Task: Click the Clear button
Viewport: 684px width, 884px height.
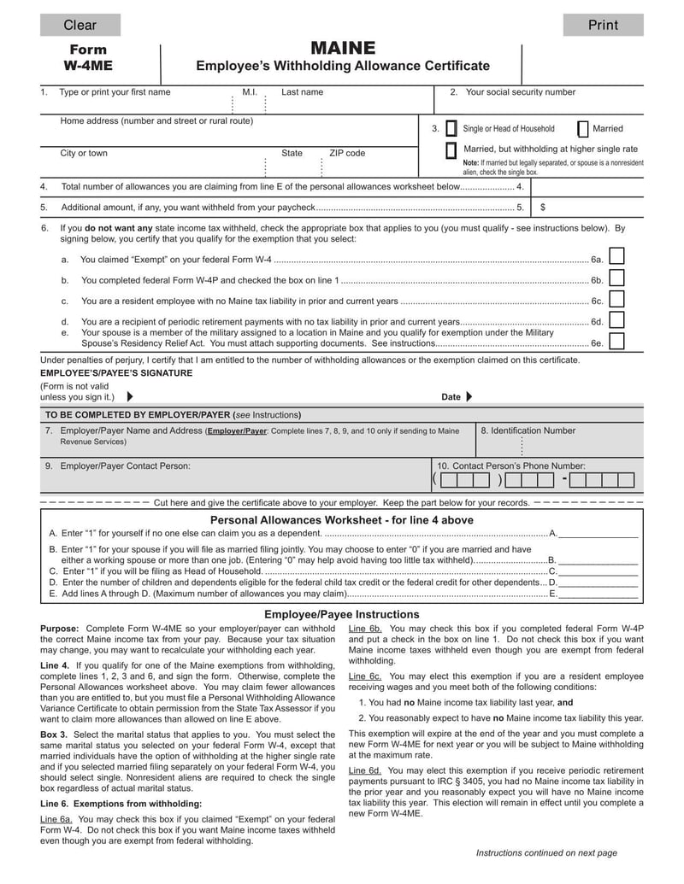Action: point(80,25)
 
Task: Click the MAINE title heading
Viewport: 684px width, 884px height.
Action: point(343,48)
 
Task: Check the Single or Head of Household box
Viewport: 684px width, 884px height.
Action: point(451,129)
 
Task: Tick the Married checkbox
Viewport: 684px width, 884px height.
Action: point(583,129)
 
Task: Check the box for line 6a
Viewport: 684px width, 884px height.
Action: point(616,256)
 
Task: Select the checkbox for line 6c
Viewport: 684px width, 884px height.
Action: point(616,298)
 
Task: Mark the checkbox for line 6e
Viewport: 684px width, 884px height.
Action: point(616,341)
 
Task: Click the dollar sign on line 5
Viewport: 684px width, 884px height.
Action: point(543,208)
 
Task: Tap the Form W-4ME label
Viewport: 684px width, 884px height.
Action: point(88,57)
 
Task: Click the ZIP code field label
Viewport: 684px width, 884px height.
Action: point(347,154)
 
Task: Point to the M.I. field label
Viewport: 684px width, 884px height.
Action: point(250,92)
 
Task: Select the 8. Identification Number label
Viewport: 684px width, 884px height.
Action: point(528,430)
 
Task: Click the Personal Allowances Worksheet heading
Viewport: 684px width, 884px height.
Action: point(342,520)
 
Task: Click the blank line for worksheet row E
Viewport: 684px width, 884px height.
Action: point(598,593)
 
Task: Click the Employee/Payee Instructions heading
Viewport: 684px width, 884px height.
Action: point(342,614)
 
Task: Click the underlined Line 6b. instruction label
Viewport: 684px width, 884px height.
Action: point(364,628)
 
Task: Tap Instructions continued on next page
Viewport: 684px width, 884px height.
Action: point(545,852)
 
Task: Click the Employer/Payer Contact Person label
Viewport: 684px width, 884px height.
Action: point(124,466)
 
